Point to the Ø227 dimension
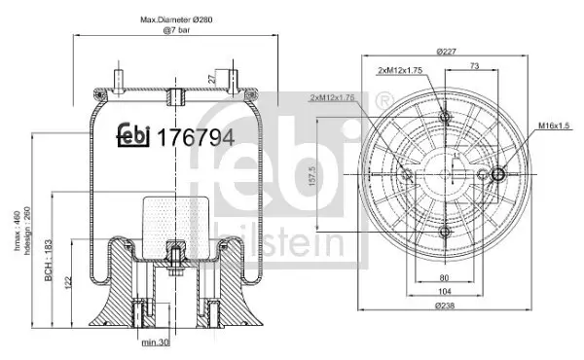coord(447,52)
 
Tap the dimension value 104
coord(446,291)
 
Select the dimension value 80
coord(446,276)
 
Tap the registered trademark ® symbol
coord(384,99)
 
